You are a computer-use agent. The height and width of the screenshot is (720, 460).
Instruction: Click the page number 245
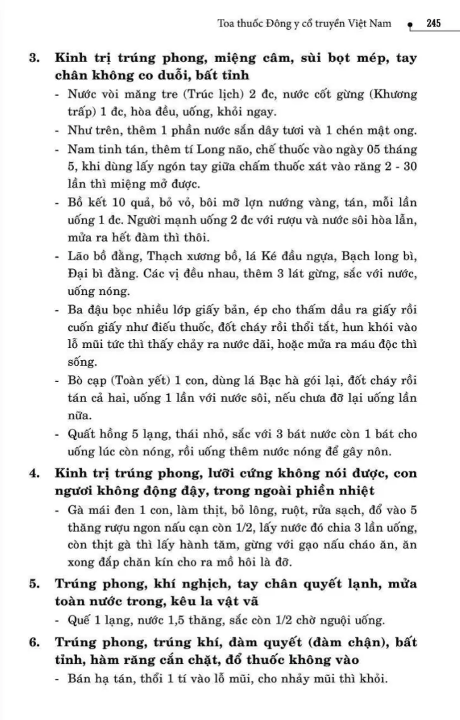(x=433, y=24)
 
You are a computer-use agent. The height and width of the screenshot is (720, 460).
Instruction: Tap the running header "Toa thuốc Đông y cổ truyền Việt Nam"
(x=305, y=24)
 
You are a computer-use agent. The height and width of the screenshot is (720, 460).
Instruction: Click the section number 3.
(x=35, y=59)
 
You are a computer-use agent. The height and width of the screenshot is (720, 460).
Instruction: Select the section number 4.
(x=35, y=474)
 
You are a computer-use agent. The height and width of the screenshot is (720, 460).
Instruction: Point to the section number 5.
(x=35, y=584)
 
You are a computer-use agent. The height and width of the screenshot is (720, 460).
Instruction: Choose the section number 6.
(x=35, y=643)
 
